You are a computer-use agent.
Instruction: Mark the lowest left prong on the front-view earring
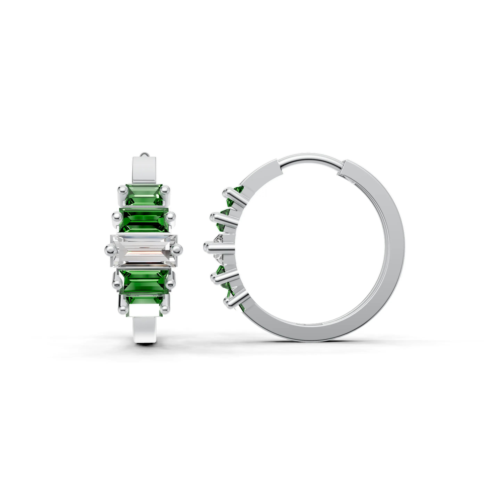[x=123, y=309]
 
